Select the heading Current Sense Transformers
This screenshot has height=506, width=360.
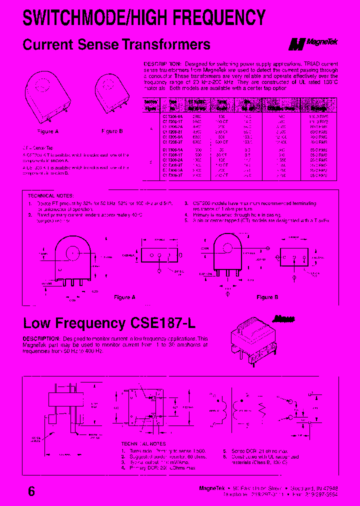pyautogui.click(x=116, y=44)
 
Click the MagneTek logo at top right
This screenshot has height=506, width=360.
pyautogui.click(x=313, y=44)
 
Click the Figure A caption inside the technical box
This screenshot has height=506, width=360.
pyautogui.click(x=124, y=297)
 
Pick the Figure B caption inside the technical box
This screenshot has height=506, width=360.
pyautogui.click(x=264, y=297)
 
